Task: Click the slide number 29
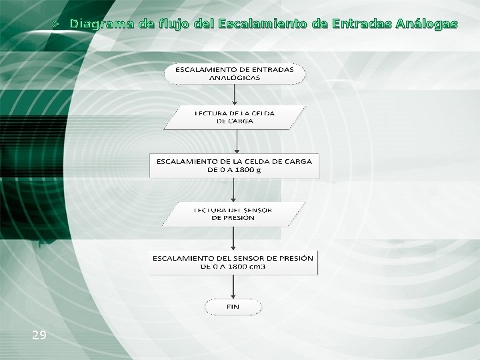[39, 335]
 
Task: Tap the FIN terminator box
[233, 307]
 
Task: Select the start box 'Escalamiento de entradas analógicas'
[235, 73]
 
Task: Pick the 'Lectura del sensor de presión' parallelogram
[233, 213]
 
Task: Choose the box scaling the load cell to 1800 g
[234, 165]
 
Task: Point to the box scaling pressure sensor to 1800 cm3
[233, 262]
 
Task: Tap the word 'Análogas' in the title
[426, 24]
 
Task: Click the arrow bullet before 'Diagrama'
[58, 24]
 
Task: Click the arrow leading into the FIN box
[233, 287]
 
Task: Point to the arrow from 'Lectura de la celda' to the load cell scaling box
[238, 142]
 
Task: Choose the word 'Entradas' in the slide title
[357, 24]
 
